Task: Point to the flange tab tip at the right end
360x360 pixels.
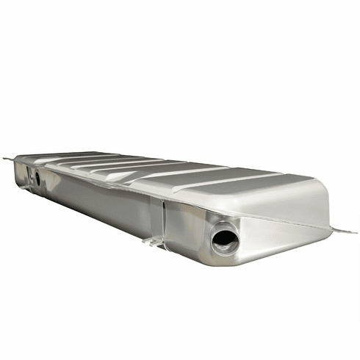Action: [353, 232]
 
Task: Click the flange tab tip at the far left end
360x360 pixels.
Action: [6, 158]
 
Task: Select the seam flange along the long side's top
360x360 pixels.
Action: [110, 184]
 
